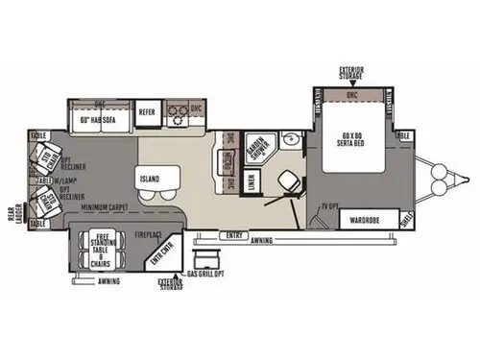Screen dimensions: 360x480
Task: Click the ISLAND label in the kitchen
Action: (148, 178)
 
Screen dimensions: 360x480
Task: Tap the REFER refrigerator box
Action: (147, 112)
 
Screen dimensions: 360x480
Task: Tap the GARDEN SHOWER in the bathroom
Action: (257, 149)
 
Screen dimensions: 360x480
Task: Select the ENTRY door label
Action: (233, 236)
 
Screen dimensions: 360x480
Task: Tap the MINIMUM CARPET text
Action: (106, 206)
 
